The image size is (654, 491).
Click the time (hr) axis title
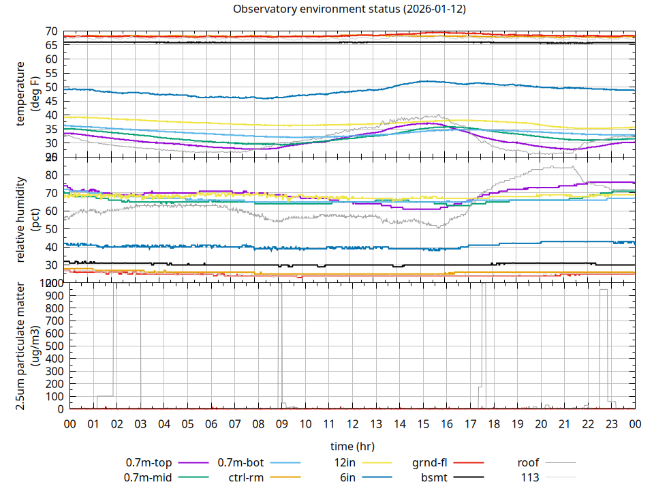coord(352,446)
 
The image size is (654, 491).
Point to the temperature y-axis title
coord(28,93)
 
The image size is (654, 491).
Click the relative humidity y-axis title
coord(28,220)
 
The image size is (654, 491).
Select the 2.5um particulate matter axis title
coord(28,346)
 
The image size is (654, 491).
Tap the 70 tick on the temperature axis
coord(51,31)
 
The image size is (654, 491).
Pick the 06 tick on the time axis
coord(211,423)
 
